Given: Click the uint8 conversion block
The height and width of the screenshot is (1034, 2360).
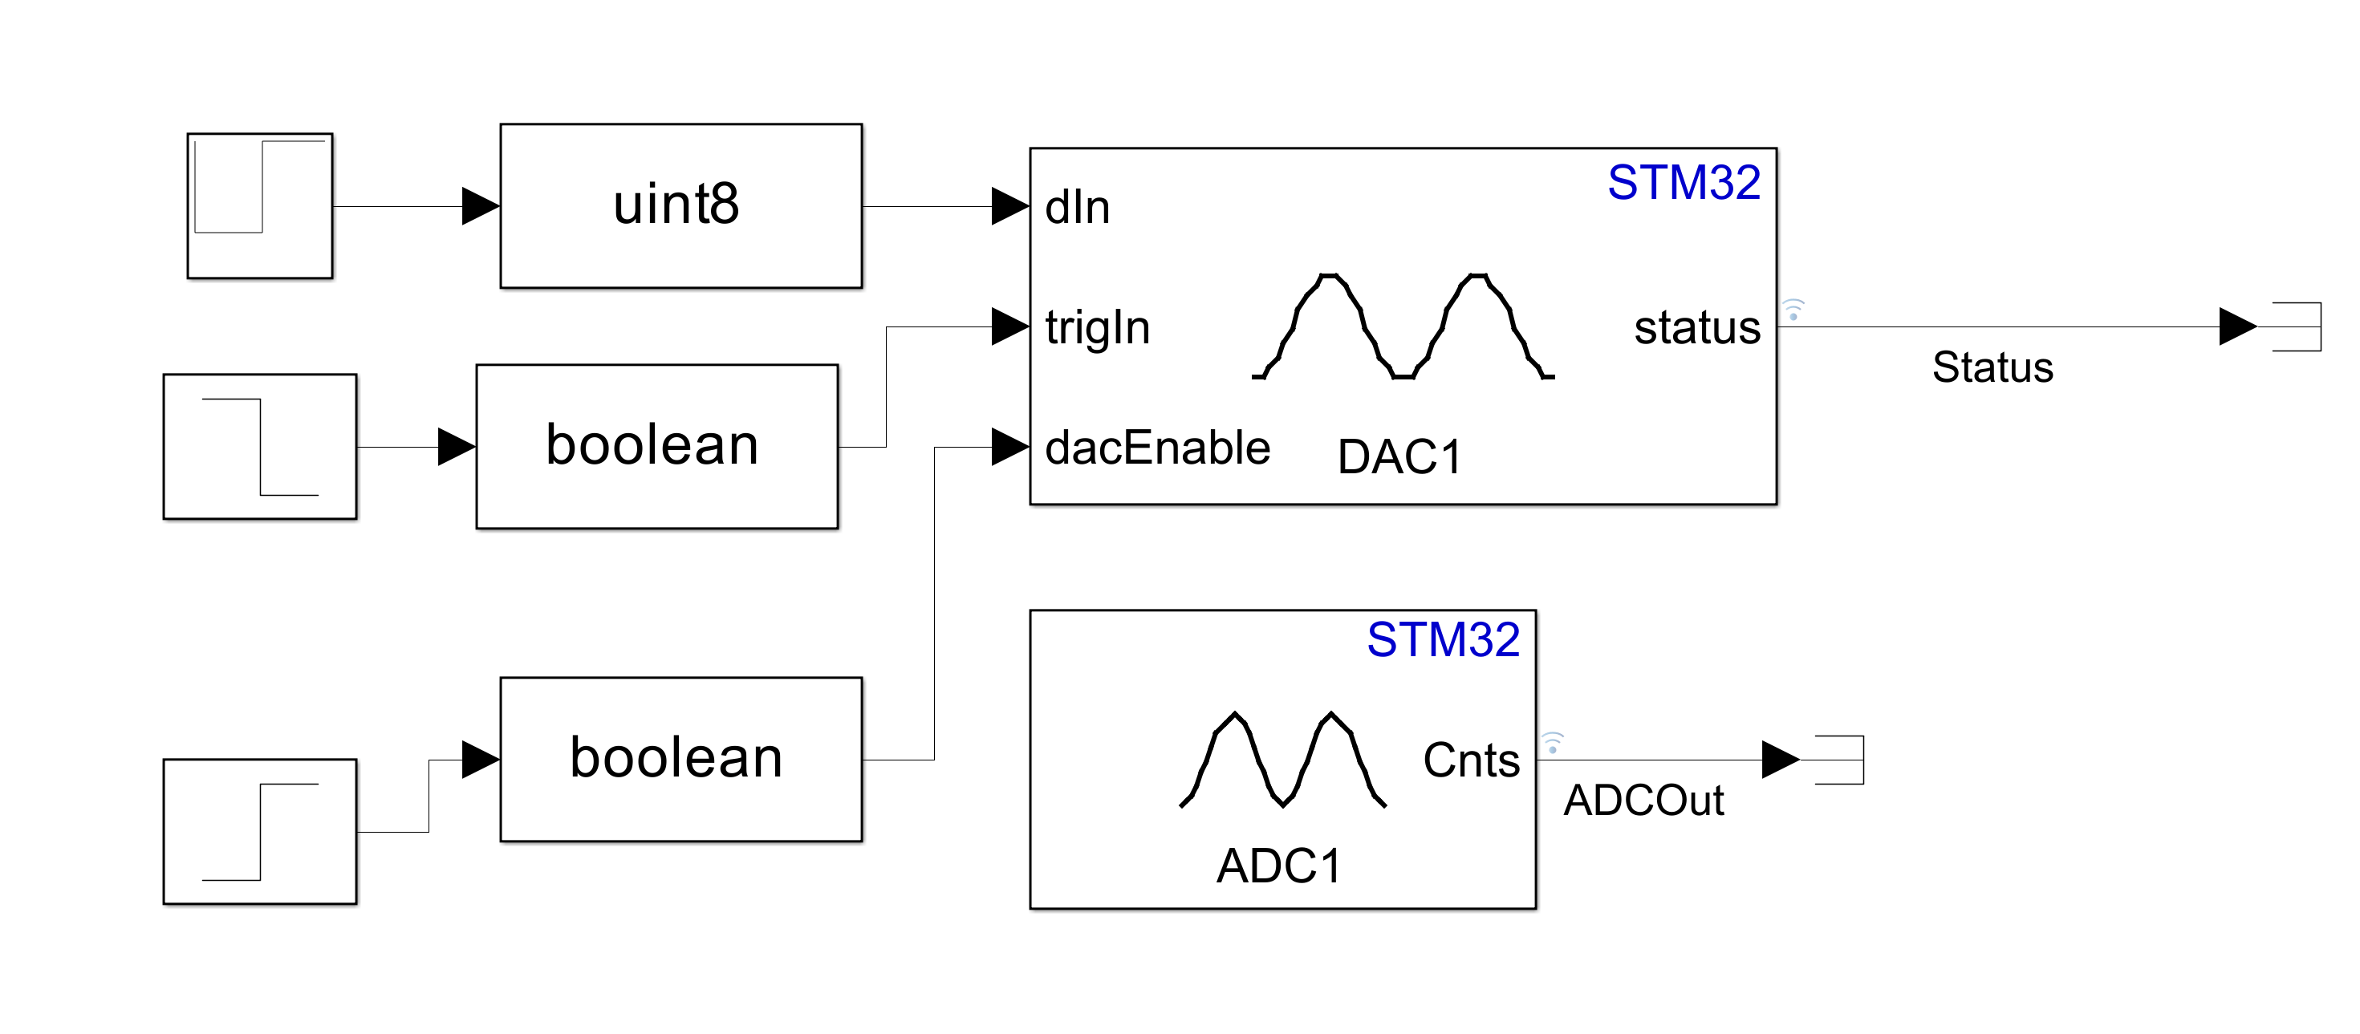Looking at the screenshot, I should pyautogui.click(x=680, y=206).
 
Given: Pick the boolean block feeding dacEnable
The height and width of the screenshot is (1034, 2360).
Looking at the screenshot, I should pyautogui.click(x=680, y=759).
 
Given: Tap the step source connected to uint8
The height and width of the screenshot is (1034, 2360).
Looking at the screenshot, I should pyautogui.click(x=259, y=206).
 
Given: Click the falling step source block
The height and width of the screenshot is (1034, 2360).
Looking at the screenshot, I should pyautogui.click(x=259, y=446).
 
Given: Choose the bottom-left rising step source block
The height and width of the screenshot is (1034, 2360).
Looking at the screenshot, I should pyautogui.click(x=259, y=831).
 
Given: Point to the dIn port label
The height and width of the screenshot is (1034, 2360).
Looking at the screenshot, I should pyautogui.click(x=1078, y=207).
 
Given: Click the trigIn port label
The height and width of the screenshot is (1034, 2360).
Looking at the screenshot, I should pyautogui.click(x=1097, y=327).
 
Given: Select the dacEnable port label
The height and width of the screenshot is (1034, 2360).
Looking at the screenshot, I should pyautogui.click(x=1157, y=448).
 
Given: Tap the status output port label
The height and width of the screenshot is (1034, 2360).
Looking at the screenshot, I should pyautogui.click(x=1696, y=327).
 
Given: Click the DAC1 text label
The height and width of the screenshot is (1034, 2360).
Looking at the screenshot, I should pyautogui.click(x=1399, y=457).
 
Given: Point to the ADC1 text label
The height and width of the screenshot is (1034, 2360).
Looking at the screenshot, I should pyautogui.click(x=1279, y=866).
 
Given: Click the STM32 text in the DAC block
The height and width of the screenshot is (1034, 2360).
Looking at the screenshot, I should pyautogui.click(x=1683, y=182).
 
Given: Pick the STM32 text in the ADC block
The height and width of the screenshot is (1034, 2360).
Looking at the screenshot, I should pyautogui.click(x=1443, y=639).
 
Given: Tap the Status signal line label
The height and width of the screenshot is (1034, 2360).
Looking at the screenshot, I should pyautogui.click(x=1992, y=367).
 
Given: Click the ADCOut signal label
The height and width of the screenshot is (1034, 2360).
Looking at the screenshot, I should pyautogui.click(x=1643, y=801).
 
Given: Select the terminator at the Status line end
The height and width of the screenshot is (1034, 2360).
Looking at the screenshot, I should pyautogui.click(x=2296, y=327).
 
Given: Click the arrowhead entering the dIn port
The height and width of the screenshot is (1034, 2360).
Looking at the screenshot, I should pyautogui.click(x=1009, y=207).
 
